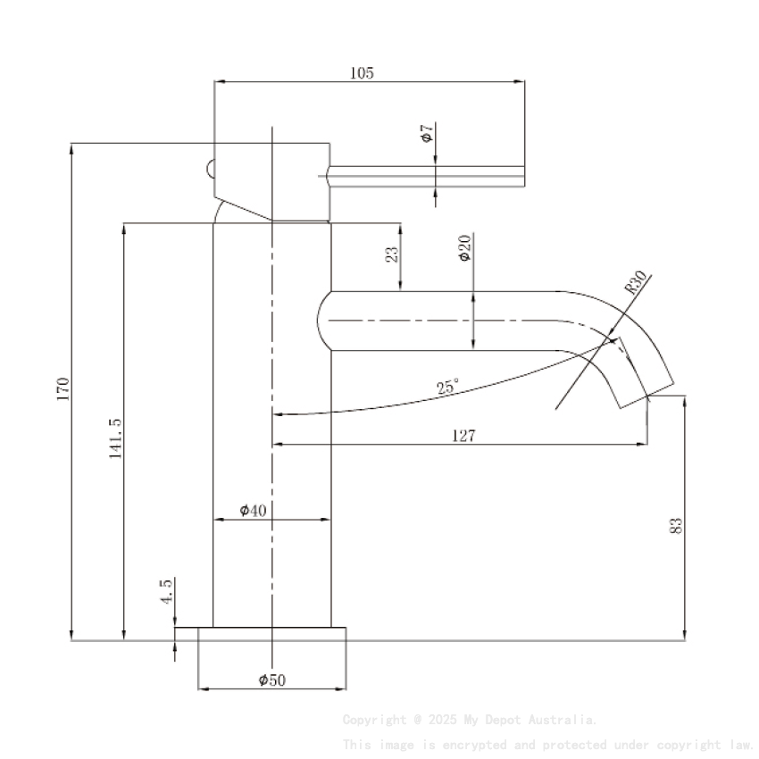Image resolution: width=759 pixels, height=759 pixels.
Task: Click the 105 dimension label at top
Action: (362, 73)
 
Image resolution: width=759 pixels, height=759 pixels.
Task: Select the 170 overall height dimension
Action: (63, 388)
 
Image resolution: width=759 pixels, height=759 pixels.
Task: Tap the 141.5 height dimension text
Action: (115, 438)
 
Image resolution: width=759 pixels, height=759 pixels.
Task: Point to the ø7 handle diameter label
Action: (427, 134)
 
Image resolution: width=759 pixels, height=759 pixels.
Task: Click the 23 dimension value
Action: (391, 254)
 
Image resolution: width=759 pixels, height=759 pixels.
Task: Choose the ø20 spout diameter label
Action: (463, 247)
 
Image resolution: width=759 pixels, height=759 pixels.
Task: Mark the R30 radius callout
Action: (636, 283)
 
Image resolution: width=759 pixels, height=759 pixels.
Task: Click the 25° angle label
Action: (447, 388)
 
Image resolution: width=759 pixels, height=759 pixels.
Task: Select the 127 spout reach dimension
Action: (464, 436)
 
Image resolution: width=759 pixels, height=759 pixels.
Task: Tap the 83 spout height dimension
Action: (676, 525)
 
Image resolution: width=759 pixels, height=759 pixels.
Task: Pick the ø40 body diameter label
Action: (254, 510)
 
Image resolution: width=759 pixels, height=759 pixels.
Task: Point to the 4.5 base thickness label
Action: (166, 591)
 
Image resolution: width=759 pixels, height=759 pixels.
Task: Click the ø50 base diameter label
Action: (271, 680)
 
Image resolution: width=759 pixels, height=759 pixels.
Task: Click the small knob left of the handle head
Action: (209, 168)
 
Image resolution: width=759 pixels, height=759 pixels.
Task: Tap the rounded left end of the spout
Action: (322, 321)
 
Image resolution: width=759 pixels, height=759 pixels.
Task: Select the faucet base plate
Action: (271, 633)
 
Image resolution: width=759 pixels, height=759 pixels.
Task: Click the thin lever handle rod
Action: (429, 176)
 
